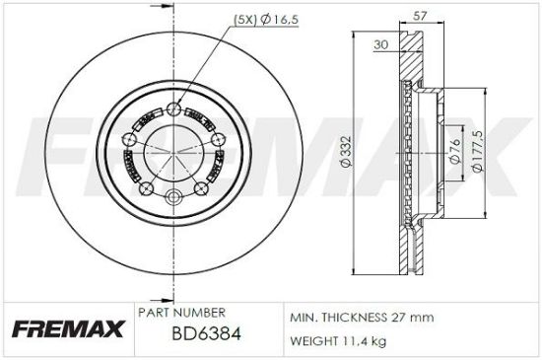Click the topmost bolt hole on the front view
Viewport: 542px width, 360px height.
(x=176, y=110)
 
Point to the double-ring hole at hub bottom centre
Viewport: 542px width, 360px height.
(x=176, y=197)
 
